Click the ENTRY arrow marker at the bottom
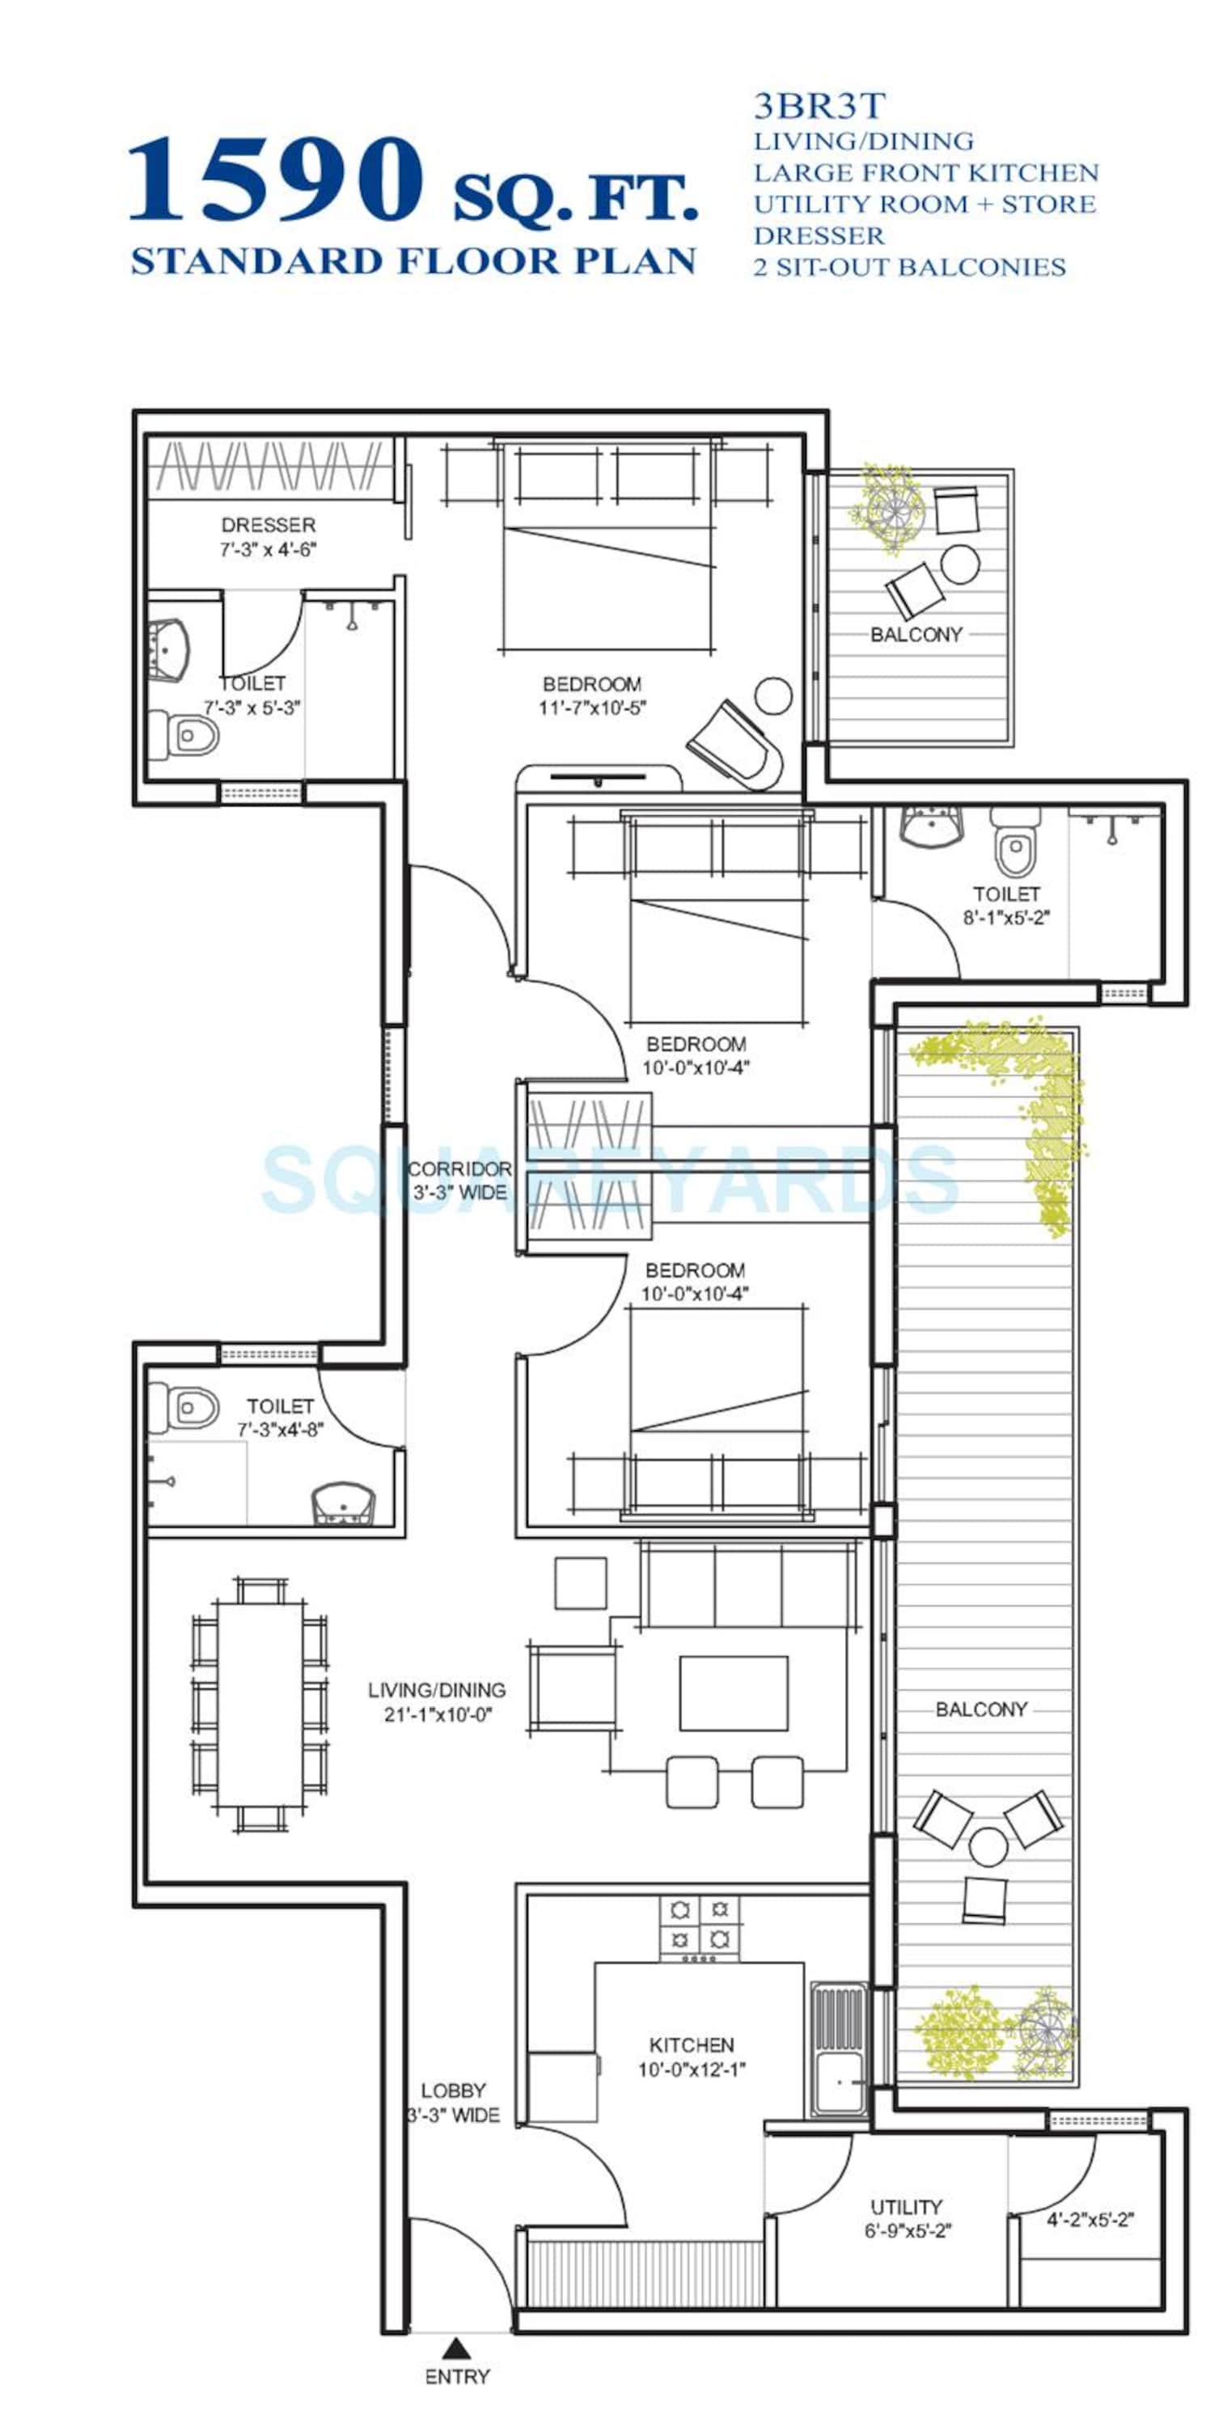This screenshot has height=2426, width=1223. click(x=457, y=2348)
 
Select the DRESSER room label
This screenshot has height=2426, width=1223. click(x=269, y=525)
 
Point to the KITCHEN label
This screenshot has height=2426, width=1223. click(x=692, y=2044)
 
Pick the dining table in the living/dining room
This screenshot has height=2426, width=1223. click(x=260, y=1705)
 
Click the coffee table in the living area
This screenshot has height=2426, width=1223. click(x=733, y=1693)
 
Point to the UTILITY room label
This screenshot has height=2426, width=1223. click(x=905, y=2207)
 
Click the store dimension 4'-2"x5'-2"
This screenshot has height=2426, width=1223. click(x=1090, y=2220)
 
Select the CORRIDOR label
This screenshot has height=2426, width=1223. click(x=459, y=1169)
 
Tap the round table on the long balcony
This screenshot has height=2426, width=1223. click(x=988, y=1846)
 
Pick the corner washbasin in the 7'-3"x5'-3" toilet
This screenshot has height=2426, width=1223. click(x=169, y=651)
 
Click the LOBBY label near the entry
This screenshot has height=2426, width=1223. click(x=453, y=2090)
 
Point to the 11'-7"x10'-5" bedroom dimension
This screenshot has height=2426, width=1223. click(x=592, y=708)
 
